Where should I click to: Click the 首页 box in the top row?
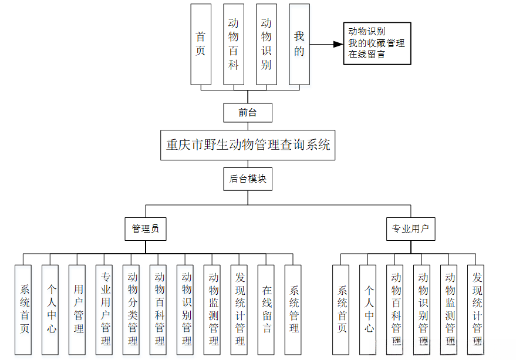tap(201, 44)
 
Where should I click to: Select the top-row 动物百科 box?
tap(234, 44)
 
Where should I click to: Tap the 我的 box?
tap(299, 44)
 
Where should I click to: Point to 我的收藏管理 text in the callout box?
tap(376, 43)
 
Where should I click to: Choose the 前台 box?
tap(248, 112)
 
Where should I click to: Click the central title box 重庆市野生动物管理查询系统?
tap(248, 144)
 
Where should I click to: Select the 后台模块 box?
tap(248, 179)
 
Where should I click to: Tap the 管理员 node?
tap(146, 228)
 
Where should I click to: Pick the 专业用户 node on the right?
tap(410, 228)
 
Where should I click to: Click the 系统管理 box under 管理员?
tap(293, 309)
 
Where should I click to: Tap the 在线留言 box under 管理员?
tap(266, 309)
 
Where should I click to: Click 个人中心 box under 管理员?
tap(50, 309)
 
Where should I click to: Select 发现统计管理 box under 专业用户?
tap(476, 309)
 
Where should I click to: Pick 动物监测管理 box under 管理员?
tap(212, 309)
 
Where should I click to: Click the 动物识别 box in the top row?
tap(267, 44)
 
